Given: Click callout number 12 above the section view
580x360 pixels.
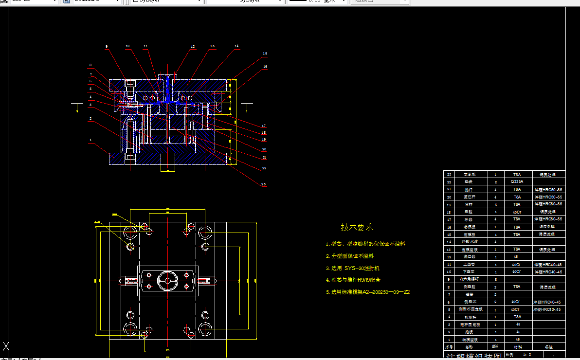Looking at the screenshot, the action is coord(193,47).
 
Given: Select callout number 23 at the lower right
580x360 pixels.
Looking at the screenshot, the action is coord(263,184).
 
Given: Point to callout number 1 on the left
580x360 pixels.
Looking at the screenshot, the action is coord(91,140).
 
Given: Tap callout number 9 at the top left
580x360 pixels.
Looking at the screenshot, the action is coord(107,47).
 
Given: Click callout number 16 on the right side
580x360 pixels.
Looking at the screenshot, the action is coord(265,66).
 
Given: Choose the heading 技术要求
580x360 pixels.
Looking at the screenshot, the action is coord(357,227).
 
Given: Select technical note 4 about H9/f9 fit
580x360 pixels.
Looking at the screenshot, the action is coord(353,280).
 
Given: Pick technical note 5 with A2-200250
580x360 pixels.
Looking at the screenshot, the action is coord(367,292).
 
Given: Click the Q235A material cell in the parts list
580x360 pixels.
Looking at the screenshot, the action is coord(517,181).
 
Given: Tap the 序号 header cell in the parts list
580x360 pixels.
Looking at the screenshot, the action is coord(449,347).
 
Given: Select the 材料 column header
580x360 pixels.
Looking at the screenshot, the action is coord(517,347).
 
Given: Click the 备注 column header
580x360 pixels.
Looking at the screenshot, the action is coord(549,347).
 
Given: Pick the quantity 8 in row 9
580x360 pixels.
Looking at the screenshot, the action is coord(495,279).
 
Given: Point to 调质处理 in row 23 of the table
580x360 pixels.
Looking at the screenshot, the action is coord(549,174).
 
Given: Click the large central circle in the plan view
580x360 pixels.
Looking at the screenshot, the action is coord(167,281).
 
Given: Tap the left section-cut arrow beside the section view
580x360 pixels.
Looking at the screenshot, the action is coord(77,108).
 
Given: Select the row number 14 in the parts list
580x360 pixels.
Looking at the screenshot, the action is coord(449,242).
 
